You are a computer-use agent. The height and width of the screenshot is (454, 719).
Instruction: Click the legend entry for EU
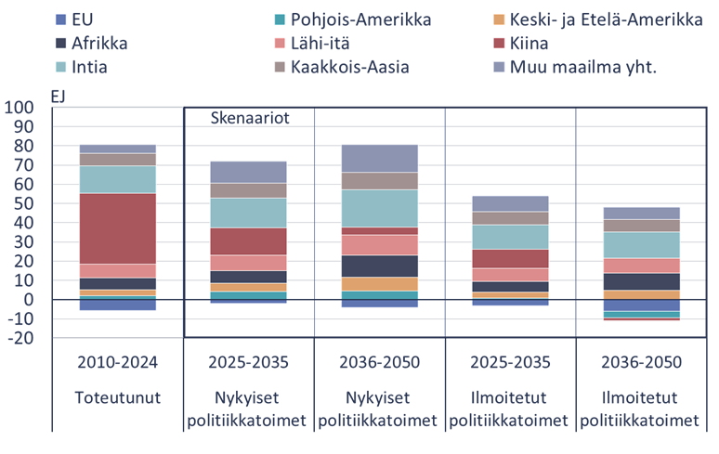[82, 19]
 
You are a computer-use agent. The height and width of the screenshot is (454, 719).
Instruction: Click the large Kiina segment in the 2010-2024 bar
[117, 228]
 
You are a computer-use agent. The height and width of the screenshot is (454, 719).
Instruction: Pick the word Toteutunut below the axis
[117, 397]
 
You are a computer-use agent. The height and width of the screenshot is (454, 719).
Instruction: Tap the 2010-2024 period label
[117, 362]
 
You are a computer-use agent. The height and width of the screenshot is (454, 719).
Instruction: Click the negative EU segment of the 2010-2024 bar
[117, 305]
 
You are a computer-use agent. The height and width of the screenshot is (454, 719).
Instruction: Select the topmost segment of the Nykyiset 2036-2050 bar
[379, 158]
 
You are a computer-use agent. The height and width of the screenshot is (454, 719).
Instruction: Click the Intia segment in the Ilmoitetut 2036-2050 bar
[641, 244]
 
